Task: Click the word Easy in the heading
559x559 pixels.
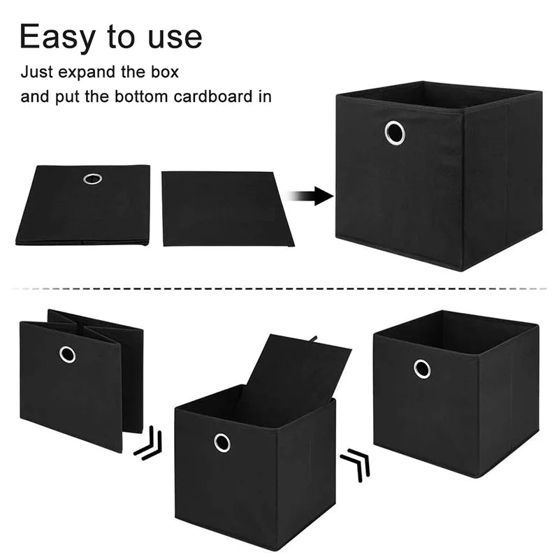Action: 58,37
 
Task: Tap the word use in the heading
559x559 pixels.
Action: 175,38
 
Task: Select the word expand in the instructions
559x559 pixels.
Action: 87,73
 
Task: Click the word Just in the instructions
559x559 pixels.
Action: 36,72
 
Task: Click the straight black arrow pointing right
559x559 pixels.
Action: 310,196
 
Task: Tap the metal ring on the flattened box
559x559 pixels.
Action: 93,179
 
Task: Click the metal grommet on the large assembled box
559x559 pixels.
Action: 395,133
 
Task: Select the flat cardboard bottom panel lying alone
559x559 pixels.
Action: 226,208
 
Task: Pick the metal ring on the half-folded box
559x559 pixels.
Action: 67,354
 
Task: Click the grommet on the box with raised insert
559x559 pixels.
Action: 222,443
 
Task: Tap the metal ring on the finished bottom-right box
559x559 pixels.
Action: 422,369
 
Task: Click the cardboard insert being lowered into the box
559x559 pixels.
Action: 292,378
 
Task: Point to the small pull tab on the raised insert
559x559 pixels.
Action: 313,338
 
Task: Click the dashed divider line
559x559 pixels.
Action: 279,289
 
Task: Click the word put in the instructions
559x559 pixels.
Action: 67,97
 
